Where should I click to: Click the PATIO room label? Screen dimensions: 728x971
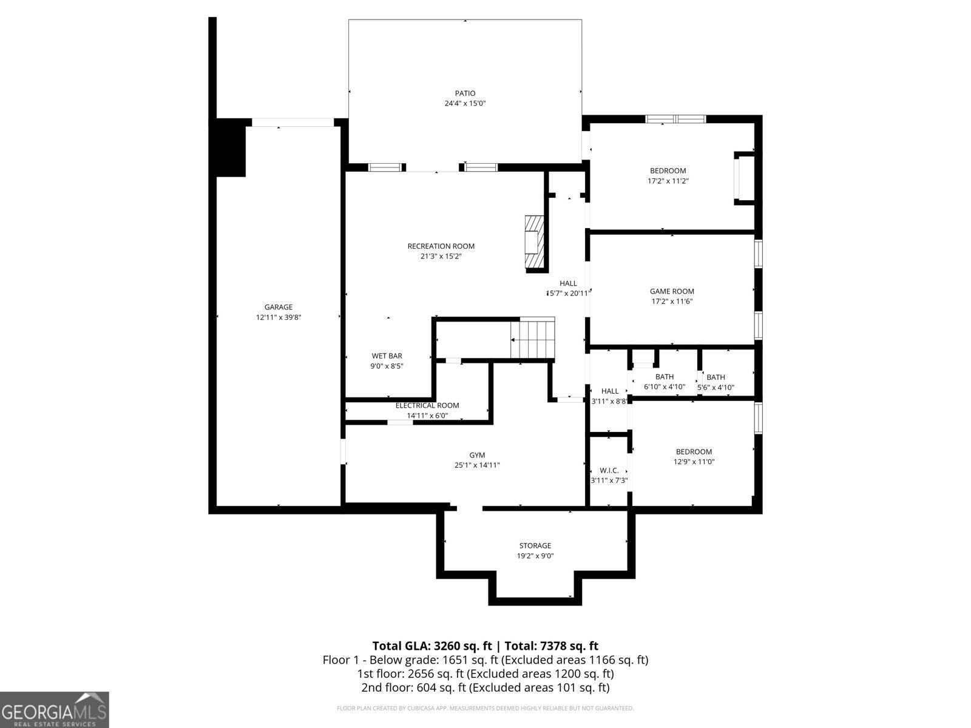click(x=465, y=93)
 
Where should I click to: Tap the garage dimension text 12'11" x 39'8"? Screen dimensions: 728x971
click(x=278, y=317)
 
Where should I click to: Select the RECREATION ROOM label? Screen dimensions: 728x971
click(x=441, y=246)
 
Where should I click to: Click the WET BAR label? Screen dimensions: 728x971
click(x=387, y=356)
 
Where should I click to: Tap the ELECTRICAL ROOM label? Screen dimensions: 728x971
click(x=427, y=405)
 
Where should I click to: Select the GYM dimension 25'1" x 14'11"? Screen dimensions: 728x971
click(x=476, y=465)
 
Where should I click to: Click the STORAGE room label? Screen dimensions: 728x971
click(x=535, y=545)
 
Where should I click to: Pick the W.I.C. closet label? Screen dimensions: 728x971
click(x=609, y=470)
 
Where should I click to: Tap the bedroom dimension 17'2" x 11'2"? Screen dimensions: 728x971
click(x=668, y=181)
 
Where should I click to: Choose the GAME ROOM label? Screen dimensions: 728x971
click(x=672, y=291)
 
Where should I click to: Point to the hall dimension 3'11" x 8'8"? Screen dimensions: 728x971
click(x=609, y=401)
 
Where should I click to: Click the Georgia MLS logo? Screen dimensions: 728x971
click(x=54, y=709)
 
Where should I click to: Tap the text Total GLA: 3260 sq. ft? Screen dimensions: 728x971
click(x=432, y=645)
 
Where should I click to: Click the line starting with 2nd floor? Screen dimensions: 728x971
click(x=485, y=687)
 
